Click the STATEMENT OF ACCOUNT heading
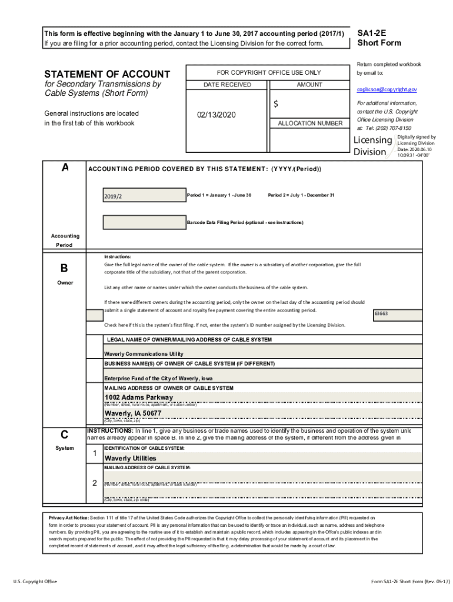(107, 74)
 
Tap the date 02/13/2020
(216, 114)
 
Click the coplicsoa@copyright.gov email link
(387, 89)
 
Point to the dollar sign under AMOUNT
(275, 104)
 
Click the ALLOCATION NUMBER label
(309, 123)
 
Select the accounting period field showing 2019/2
(143, 195)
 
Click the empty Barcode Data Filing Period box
(143, 222)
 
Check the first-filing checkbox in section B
(94, 315)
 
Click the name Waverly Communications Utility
(144, 354)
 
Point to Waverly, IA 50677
(133, 413)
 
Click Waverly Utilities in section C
(130, 458)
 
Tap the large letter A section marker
(65, 168)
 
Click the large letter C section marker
(65, 435)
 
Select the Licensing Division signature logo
(373, 146)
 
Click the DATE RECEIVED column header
(227, 85)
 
